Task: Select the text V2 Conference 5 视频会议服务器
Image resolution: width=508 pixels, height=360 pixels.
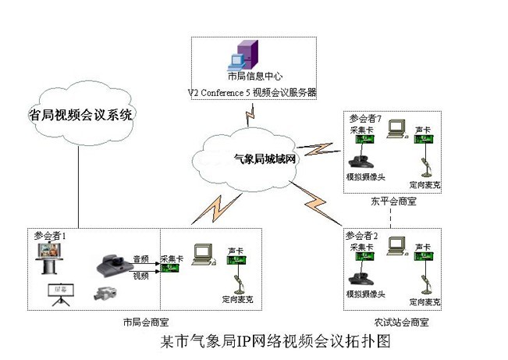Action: point(251,92)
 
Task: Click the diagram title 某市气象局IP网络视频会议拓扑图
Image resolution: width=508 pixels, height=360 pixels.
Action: point(263,341)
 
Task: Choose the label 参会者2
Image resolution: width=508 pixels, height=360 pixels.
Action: point(365,235)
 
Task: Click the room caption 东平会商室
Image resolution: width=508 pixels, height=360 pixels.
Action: point(393,202)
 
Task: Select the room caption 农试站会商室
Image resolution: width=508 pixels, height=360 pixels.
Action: point(401,322)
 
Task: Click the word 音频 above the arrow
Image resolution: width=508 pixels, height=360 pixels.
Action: point(140,258)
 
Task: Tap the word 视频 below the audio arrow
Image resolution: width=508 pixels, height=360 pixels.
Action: point(140,276)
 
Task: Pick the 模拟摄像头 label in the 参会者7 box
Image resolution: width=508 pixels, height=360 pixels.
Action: point(365,176)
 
